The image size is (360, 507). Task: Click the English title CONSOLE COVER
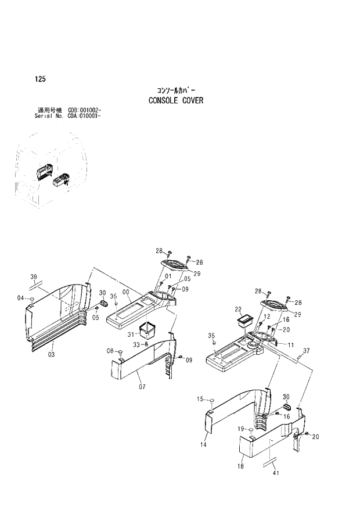(176, 100)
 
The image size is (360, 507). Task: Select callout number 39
(34, 276)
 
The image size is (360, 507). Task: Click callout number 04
(21, 298)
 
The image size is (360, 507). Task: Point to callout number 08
(109, 351)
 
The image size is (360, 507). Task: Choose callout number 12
(267, 317)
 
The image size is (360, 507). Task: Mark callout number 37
(307, 350)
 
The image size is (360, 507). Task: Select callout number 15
(200, 399)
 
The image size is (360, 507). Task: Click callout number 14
(204, 444)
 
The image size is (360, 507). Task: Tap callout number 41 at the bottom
(276, 473)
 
